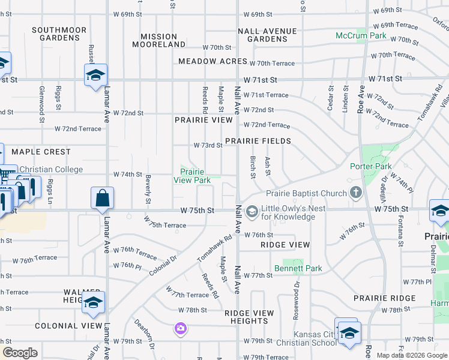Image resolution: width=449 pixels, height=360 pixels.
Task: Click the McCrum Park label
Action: (x=361, y=36)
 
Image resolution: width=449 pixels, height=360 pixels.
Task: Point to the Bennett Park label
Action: (x=298, y=268)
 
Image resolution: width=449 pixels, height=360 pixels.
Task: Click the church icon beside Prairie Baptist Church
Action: (x=356, y=193)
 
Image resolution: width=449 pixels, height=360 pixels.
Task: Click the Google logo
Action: (x=20, y=353)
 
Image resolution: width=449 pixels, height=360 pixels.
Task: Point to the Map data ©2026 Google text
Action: (x=411, y=355)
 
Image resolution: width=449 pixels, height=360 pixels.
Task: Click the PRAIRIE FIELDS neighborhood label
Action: (x=258, y=142)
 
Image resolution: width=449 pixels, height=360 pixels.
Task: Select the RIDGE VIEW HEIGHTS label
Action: (x=249, y=317)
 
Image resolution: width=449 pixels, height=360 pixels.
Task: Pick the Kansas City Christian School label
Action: (x=315, y=338)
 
